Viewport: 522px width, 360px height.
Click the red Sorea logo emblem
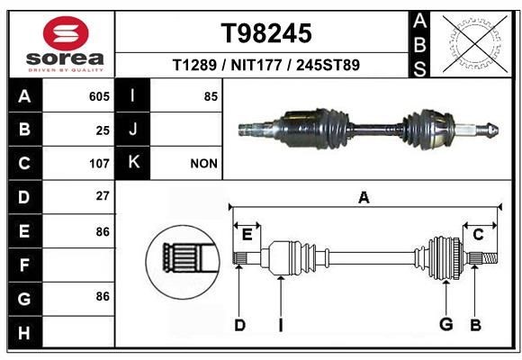[66, 33]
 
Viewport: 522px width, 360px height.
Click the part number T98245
[266, 33]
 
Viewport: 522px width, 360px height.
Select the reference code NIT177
[256, 65]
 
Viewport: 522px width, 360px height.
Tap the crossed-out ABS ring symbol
[476, 43]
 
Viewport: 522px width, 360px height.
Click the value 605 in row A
[99, 96]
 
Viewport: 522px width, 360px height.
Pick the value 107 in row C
[99, 164]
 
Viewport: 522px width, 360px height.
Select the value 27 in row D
[103, 196]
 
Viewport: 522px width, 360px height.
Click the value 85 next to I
[211, 96]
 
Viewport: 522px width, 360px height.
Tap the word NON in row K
[203, 164]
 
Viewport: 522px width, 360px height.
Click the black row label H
[25, 332]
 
